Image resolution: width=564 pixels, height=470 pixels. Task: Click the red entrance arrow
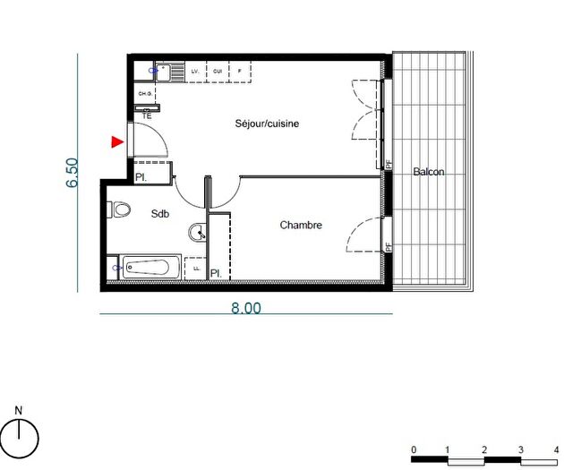click(116, 141)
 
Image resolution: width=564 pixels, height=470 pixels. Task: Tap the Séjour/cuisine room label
click(267, 124)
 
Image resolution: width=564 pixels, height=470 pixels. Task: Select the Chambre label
click(300, 226)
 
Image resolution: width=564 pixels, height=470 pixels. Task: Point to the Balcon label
click(428, 172)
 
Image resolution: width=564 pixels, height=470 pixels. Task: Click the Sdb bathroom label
click(159, 213)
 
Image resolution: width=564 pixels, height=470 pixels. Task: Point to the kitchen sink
click(165, 70)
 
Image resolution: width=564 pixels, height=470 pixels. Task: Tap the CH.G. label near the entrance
click(144, 93)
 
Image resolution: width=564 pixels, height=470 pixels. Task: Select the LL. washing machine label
click(195, 267)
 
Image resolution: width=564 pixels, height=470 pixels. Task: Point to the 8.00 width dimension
click(246, 307)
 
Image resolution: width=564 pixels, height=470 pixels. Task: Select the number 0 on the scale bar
click(414, 449)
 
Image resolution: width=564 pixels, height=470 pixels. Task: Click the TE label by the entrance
click(147, 116)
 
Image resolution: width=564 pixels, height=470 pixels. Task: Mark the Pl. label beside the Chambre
click(216, 273)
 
